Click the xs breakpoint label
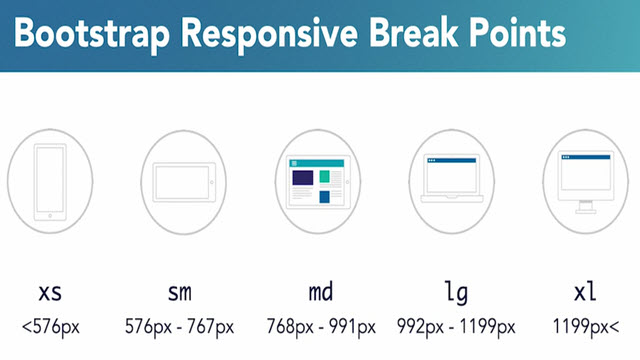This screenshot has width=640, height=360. (x=49, y=292)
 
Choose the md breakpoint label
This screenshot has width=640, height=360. (x=320, y=292)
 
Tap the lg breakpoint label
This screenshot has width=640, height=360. (x=456, y=292)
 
